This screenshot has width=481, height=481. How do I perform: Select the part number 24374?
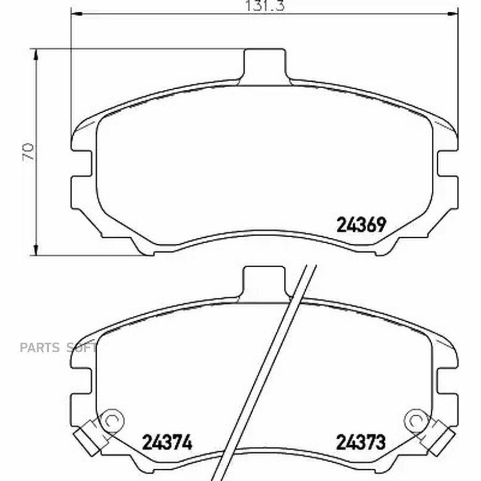pos(167,442)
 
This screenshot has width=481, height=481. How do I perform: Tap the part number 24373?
pos(361,442)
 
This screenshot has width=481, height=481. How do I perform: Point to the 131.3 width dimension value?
pos(265,5)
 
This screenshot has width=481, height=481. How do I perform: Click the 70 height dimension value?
pos(28,152)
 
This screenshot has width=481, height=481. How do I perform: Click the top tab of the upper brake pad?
pos(265,66)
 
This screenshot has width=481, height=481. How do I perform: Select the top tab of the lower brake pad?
pos(265,283)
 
